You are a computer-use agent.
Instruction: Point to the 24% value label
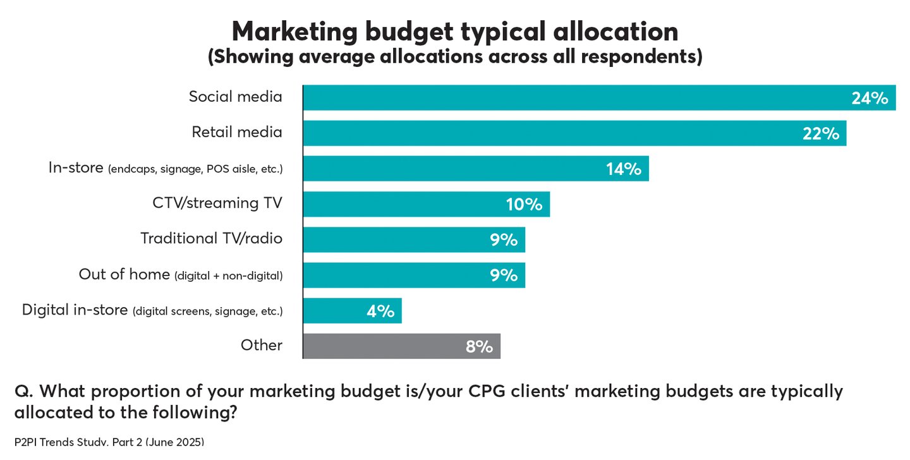(870, 98)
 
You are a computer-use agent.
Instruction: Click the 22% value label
(820, 133)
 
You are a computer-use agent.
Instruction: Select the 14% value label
(623, 169)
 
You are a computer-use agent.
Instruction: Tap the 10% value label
(524, 204)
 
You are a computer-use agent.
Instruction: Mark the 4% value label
(380, 311)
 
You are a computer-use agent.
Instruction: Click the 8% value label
(479, 346)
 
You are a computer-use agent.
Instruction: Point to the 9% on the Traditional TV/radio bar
(504, 240)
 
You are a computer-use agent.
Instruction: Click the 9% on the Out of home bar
(504, 275)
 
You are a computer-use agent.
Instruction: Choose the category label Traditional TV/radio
(211, 238)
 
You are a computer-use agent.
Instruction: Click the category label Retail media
(237, 132)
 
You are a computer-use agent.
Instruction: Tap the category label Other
(261, 345)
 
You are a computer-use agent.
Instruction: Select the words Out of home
(124, 274)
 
